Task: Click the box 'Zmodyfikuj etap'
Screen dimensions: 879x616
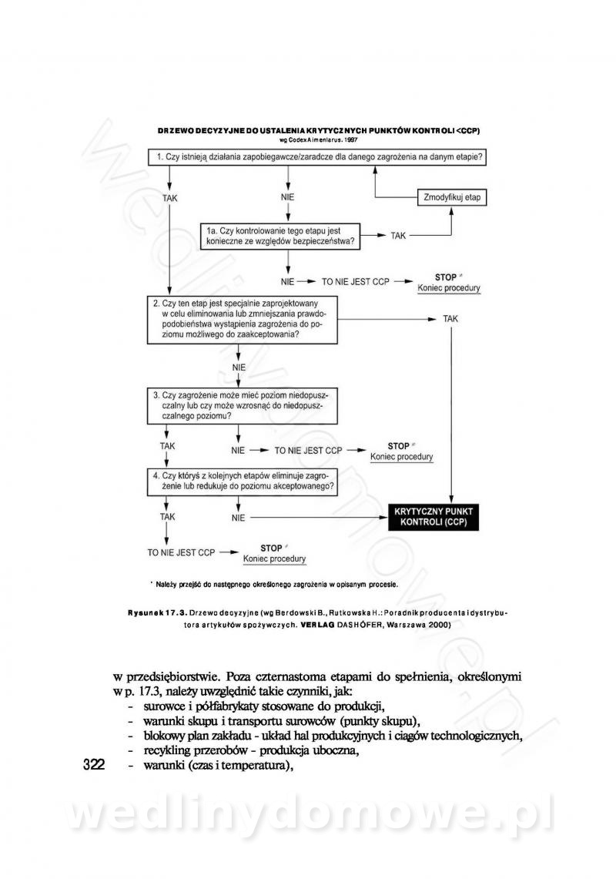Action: pyautogui.click(x=452, y=197)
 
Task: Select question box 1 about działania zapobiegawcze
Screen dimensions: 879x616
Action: pyautogui.click(x=320, y=158)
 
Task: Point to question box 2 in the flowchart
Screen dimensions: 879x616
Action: pyautogui.click(x=243, y=320)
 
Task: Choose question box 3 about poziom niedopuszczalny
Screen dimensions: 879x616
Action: pyautogui.click(x=243, y=405)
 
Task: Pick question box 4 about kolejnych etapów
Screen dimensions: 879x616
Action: pyautogui.click(x=243, y=481)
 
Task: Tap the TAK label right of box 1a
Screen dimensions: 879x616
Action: pyautogui.click(x=398, y=236)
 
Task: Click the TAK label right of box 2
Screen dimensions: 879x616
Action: pyautogui.click(x=451, y=319)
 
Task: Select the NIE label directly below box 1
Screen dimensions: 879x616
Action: pyautogui.click(x=288, y=197)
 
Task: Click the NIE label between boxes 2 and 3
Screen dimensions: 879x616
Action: pyautogui.click(x=239, y=367)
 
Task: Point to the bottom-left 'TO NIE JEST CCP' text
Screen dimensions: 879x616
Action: pyautogui.click(x=181, y=552)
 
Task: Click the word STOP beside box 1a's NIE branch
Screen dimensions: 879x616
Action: pyautogui.click(x=446, y=277)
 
